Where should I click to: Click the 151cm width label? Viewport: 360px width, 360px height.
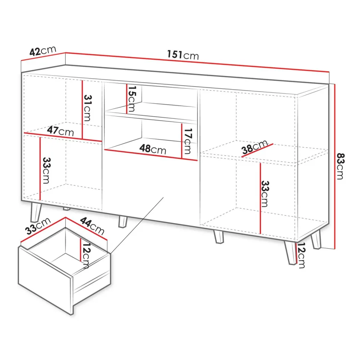(x=183, y=55)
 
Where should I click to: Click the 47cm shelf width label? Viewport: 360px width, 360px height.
(x=60, y=131)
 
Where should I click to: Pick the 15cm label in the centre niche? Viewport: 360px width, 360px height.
(x=132, y=99)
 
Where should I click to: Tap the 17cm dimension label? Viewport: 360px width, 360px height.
(x=187, y=141)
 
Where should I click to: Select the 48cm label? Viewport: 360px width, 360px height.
(x=153, y=149)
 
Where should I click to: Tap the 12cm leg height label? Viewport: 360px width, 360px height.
(x=301, y=255)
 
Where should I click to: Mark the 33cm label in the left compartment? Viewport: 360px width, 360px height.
(x=46, y=170)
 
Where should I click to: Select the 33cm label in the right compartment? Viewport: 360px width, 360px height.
(x=265, y=194)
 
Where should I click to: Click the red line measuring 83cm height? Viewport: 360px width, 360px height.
(x=335, y=167)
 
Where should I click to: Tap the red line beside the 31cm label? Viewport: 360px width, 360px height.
(x=82, y=109)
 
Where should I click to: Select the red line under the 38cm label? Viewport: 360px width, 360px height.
(x=257, y=150)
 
